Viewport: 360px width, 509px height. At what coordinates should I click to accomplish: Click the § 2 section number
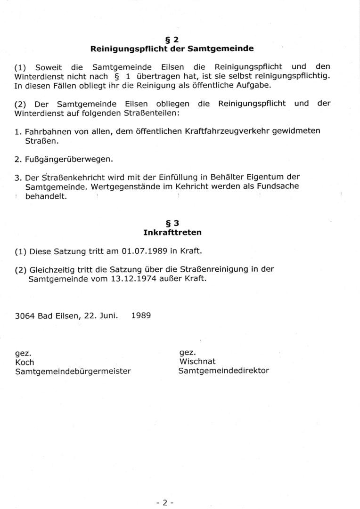click(x=172, y=40)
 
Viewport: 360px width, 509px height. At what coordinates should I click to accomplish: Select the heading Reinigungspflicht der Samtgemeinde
click(x=172, y=48)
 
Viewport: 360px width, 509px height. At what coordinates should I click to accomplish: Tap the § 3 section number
click(x=173, y=224)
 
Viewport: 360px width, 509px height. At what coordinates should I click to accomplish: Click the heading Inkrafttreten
click(x=172, y=232)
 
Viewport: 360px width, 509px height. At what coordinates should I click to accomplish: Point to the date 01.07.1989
click(x=141, y=251)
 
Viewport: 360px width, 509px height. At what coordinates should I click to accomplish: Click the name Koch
click(x=25, y=362)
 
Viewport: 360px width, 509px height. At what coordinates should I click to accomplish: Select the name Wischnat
click(x=197, y=362)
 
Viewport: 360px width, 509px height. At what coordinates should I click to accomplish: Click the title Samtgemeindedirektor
click(x=223, y=371)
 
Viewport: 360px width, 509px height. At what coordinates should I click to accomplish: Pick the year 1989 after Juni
click(x=141, y=315)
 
